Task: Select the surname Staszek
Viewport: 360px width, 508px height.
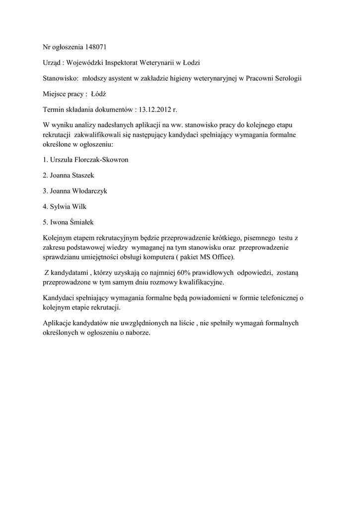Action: pyautogui.click(x=82, y=175)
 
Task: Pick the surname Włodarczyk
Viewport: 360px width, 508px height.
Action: pyautogui.click(x=88, y=190)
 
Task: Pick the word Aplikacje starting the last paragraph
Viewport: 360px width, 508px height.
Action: pyautogui.click(x=58, y=323)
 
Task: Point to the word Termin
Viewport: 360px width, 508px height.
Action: pyautogui.click(x=54, y=109)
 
